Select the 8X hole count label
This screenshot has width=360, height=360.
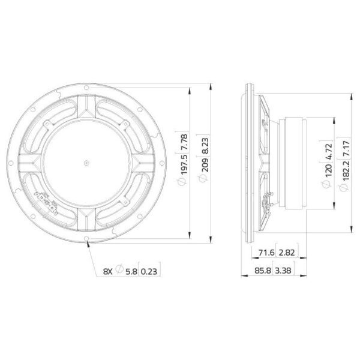click(107, 271)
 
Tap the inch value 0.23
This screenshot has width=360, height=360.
click(152, 271)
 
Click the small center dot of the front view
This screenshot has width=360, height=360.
click(86, 161)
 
